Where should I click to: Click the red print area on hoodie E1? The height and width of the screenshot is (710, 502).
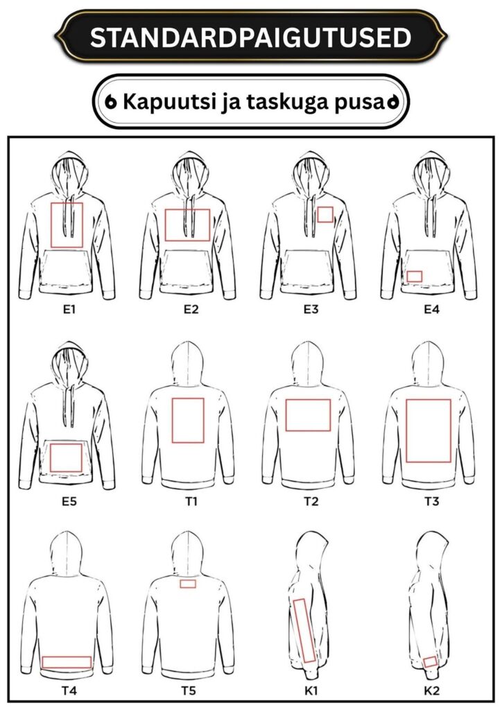click(x=51, y=225)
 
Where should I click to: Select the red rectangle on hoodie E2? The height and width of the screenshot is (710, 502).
click(x=165, y=225)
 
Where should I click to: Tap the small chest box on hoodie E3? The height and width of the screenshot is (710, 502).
click(x=318, y=215)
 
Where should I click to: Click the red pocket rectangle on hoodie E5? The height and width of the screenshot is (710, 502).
click(x=50, y=458)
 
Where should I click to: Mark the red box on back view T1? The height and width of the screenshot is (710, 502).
click(x=173, y=419)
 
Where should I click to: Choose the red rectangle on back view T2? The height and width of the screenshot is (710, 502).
click(x=286, y=415)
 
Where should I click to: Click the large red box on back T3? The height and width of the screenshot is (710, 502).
click(x=406, y=431)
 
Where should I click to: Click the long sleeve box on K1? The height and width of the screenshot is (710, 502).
click(x=299, y=630)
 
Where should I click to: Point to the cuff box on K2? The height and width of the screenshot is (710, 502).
click(x=424, y=662)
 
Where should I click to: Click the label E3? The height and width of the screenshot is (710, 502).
click(x=311, y=310)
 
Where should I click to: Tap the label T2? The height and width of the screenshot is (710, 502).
click(x=311, y=501)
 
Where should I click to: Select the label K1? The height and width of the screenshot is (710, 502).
click(x=311, y=691)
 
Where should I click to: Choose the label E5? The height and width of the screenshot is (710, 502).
click(x=69, y=501)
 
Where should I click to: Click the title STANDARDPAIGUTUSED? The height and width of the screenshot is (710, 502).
click(x=250, y=37)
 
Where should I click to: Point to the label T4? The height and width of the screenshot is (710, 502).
click(x=69, y=691)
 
